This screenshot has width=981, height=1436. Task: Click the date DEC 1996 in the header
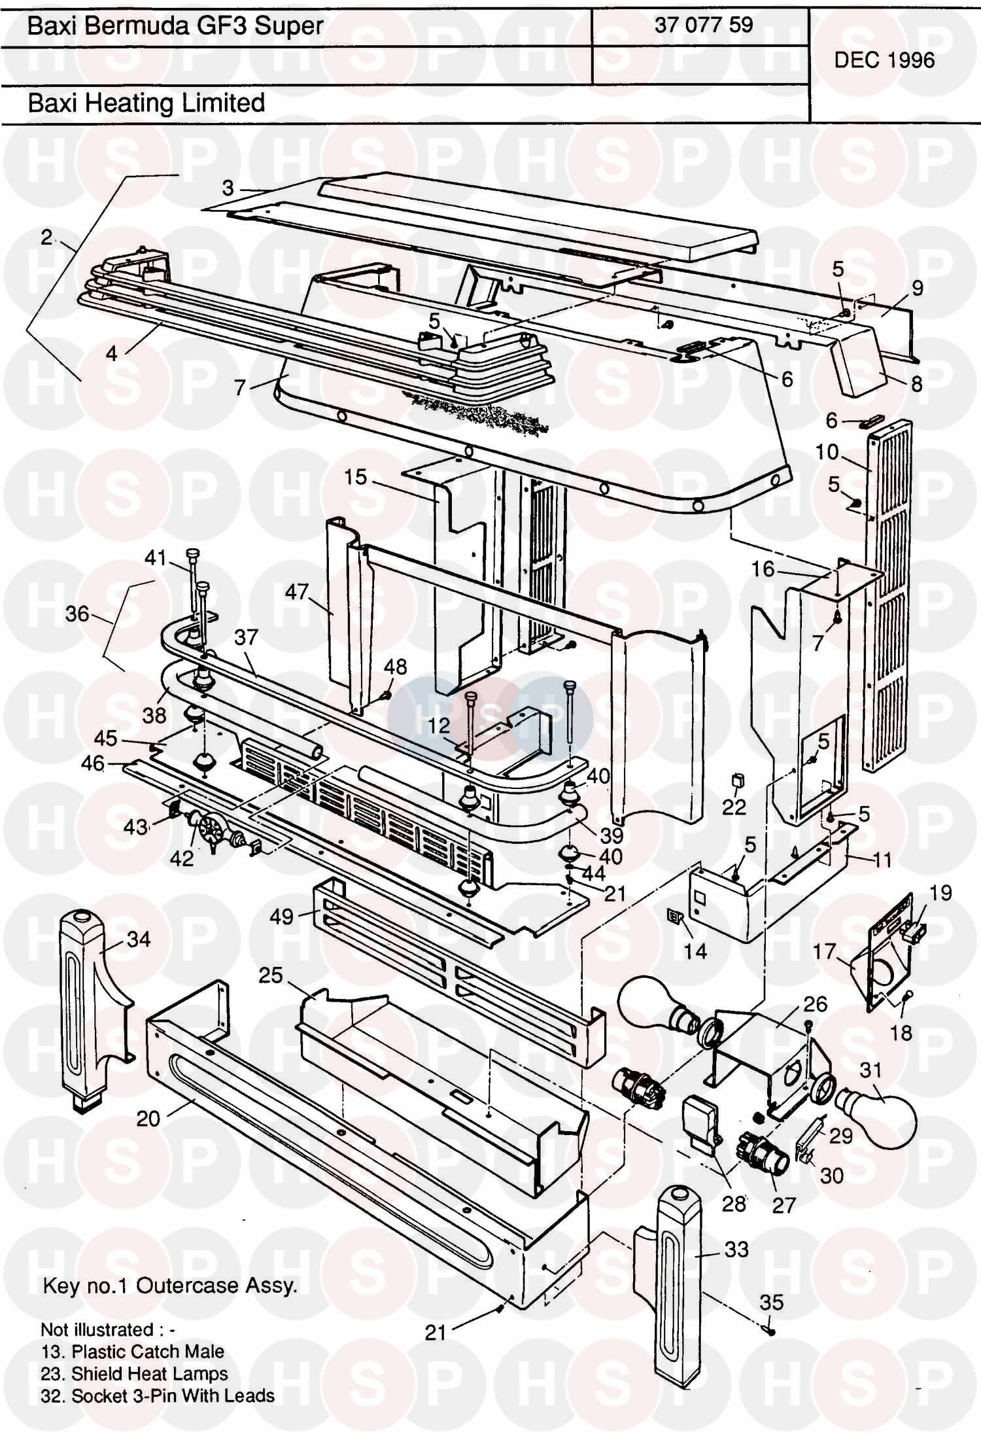pos(884,60)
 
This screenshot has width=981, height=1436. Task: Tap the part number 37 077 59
pos(703,25)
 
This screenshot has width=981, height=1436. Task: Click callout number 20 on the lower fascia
pos(148,1118)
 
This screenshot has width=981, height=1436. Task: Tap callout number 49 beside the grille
pos(282,917)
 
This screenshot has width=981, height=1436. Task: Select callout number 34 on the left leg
pos(138,939)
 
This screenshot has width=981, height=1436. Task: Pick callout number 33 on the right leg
pos(736,1249)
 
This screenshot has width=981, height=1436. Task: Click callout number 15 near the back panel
pos(356,477)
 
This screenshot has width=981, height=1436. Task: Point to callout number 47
pos(296,591)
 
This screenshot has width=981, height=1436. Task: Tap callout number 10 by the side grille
pos(827,451)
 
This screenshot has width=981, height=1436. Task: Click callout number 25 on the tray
pos(270,975)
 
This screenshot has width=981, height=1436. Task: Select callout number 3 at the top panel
pos(228,188)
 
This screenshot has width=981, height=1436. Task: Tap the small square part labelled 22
pos(737,780)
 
